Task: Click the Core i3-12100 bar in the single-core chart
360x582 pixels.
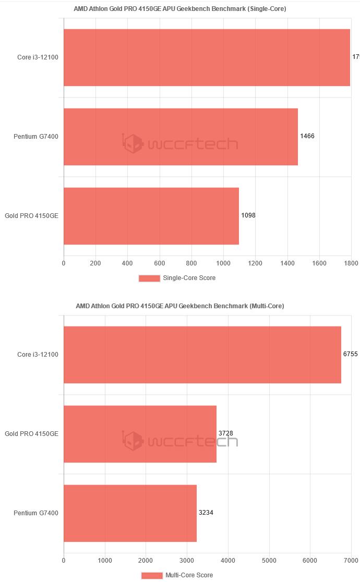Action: (207, 57)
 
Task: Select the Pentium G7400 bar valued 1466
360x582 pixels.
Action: (181, 137)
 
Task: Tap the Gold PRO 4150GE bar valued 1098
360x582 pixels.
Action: (151, 216)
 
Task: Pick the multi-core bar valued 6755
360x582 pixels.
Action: (202, 355)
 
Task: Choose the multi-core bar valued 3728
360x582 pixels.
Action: (140, 434)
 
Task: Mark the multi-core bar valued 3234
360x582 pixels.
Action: (130, 513)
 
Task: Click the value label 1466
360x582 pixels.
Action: (307, 136)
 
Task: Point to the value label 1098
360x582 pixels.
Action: (248, 215)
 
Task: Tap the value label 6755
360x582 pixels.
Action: (350, 354)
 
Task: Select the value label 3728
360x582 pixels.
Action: (226, 433)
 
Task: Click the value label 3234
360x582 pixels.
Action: (206, 513)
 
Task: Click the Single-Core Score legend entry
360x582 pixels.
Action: (177, 278)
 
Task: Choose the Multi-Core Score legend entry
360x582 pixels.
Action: (177, 575)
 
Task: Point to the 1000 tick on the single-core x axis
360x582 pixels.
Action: (223, 263)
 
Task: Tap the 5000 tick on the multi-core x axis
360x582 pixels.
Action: (269, 561)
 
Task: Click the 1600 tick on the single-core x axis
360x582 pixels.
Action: (319, 263)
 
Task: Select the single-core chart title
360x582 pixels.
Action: (180, 9)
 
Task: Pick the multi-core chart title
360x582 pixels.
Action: (180, 306)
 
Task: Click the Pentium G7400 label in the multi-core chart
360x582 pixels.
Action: (36, 513)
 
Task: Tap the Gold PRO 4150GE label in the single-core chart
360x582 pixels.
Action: (31, 216)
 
